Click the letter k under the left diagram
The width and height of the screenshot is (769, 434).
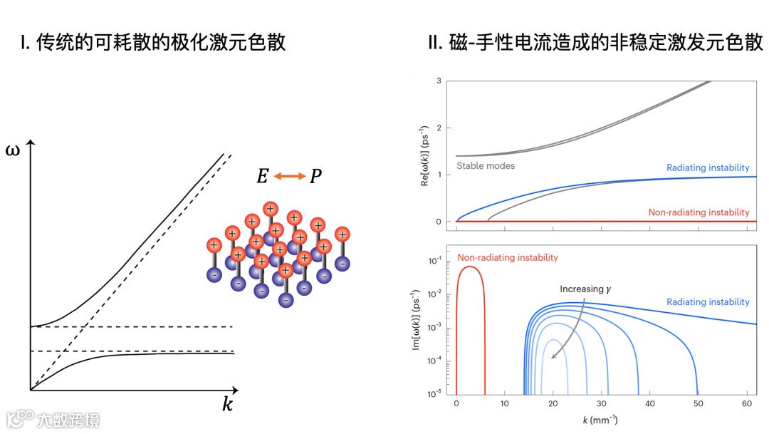[x=227, y=405]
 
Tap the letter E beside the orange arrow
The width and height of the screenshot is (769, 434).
[x=262, y=176]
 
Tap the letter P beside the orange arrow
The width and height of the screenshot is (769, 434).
[x=315, y=176]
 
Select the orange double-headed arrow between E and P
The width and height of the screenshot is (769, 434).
[x=289, y=176]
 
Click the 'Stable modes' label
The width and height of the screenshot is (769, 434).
[x=486, y=166]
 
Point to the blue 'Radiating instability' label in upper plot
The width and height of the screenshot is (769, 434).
[x=708, y=168]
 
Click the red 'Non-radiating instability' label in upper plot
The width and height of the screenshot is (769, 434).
[x=699, y=212]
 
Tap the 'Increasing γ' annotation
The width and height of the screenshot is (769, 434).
[x=586, y=289]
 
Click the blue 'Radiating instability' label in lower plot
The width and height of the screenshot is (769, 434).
[x=708, y=302]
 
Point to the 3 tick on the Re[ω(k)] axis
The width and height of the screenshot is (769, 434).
[x=439, y=81]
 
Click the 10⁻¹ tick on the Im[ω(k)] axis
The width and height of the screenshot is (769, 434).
[x=434, y=261]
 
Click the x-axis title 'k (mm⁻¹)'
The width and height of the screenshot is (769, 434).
[x=600, y=420]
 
